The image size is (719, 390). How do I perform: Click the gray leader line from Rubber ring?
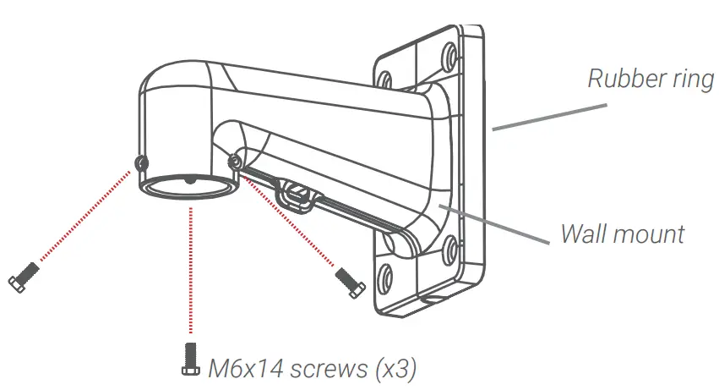tap(549, 117)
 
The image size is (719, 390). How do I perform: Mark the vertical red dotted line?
tap(187, 271)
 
